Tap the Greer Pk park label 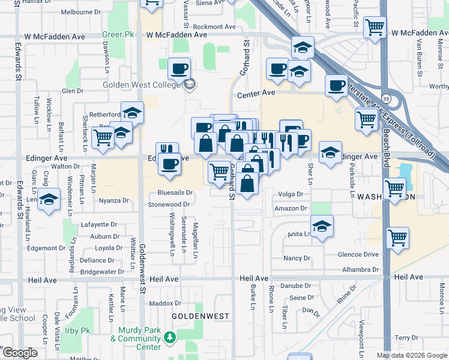(118, 34)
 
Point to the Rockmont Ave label (214, 27)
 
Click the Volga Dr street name (291, 194)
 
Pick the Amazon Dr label (291, 208)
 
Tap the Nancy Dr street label (297, 259)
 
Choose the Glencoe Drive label (359, 254)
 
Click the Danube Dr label (297, 286)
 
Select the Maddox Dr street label (161, 304)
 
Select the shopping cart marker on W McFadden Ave (375, 26)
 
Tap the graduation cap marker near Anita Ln (322, 226)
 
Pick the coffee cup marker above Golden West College (179, 68)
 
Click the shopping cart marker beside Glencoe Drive (397, 238)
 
